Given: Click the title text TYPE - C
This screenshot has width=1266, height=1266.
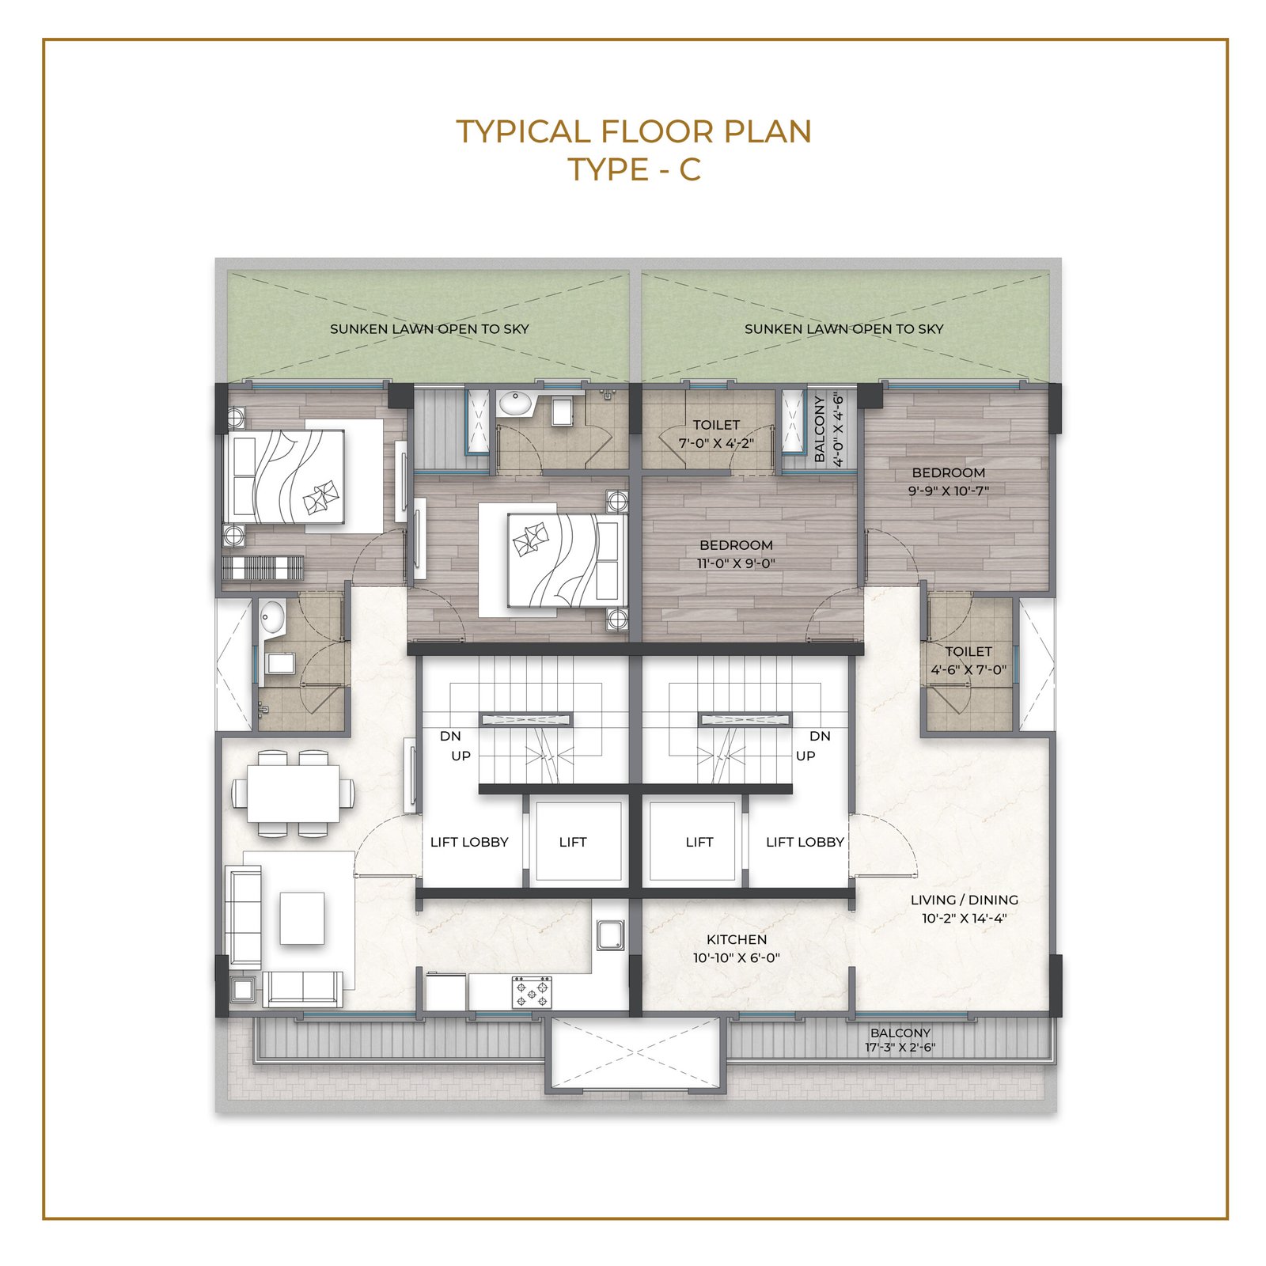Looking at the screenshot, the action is (635, 169).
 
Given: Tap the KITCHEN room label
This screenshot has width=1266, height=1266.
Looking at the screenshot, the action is (737, 939).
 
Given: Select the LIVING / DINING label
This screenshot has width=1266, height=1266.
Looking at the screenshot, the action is (964, 900).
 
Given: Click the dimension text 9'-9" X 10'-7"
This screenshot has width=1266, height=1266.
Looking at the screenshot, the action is (949, 491).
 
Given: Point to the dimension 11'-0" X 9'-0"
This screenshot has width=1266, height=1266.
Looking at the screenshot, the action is (736, 563).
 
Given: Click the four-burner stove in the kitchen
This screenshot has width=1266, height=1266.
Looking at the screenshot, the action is (532, 991).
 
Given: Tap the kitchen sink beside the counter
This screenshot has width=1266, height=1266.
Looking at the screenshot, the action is (611, 934).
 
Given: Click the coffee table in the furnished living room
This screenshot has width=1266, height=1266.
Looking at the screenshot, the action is (301, 918).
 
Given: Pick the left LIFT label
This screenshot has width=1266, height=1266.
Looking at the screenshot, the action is (573, 842).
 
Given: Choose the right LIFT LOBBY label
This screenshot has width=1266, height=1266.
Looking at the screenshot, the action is (805, 842).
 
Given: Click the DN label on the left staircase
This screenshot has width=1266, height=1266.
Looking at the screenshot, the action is (450, 736).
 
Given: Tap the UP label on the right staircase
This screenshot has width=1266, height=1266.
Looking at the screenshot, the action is (805, 756).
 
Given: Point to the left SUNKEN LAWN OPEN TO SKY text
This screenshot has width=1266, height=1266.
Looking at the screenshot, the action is (429, 328).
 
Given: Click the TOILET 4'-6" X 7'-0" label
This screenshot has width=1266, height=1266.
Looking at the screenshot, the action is (968, 661).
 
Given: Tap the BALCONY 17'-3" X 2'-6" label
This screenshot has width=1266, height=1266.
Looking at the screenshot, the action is (900, 1040).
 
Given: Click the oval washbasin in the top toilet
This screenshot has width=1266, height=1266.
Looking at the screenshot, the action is (515, 404).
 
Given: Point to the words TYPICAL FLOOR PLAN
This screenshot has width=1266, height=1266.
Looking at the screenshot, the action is (634, 131).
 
